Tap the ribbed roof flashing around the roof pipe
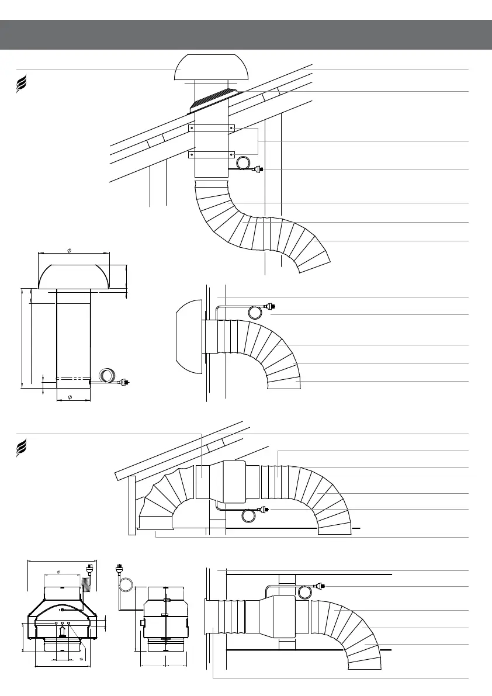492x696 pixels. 214,100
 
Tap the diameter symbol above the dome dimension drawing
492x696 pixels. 70,250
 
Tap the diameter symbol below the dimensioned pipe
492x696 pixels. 70,397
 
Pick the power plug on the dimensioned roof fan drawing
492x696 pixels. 123,383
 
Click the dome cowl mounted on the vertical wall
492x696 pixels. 188,337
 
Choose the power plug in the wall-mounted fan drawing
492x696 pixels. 271,306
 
